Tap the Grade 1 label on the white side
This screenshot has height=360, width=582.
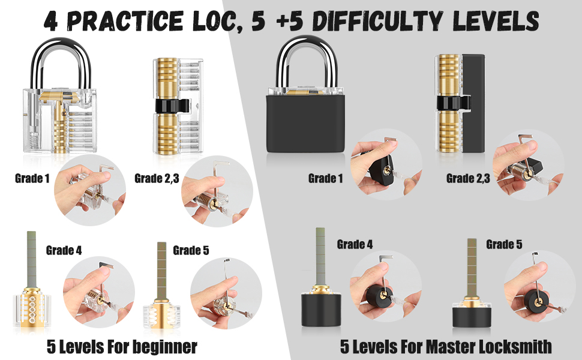(x=32, y=178)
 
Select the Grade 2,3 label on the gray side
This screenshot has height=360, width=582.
(x=468, y=178)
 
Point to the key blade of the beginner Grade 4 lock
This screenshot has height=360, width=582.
(x=29, y=258)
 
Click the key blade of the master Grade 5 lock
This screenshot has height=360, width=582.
(x=472, y=264)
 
